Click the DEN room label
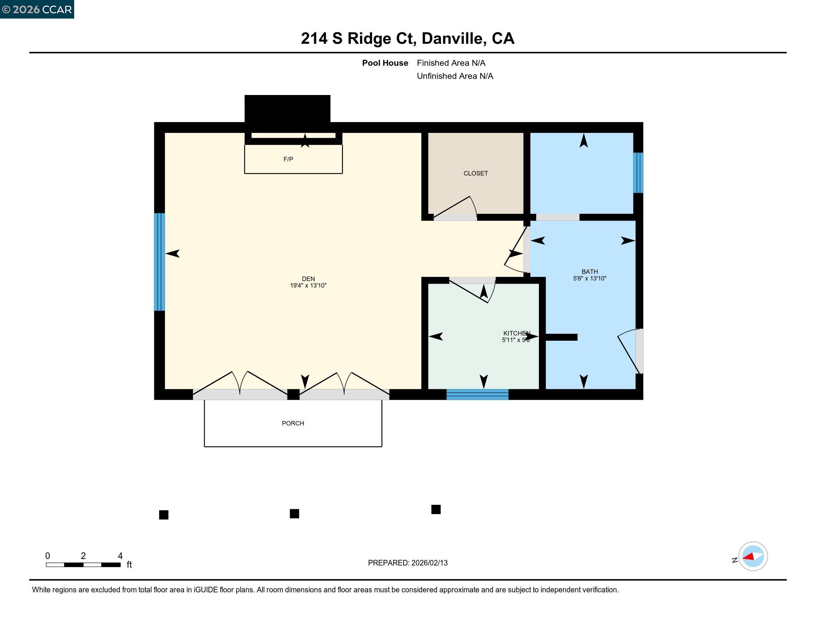(x=308, y=278)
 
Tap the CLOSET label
(x=475, y=173)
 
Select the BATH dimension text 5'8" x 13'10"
(x=589, y=278)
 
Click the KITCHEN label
(x=516, y=333)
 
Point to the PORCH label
(x=293, y=423)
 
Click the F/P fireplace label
(x=288, y=159)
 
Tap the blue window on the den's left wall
(x=159, y=262)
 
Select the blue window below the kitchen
(x=477, y=394)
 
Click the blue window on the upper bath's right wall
(x=638, y=173)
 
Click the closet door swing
(x=458, y=209)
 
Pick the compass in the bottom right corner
(x=753, y=556)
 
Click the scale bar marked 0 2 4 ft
(x=83, y=565)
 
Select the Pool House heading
(x=385, y=63)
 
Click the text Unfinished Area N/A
(x=455, y=76)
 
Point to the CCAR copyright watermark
(x=37, y=9)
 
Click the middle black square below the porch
(x=294, y=514)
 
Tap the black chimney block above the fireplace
(x=287, y=108)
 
